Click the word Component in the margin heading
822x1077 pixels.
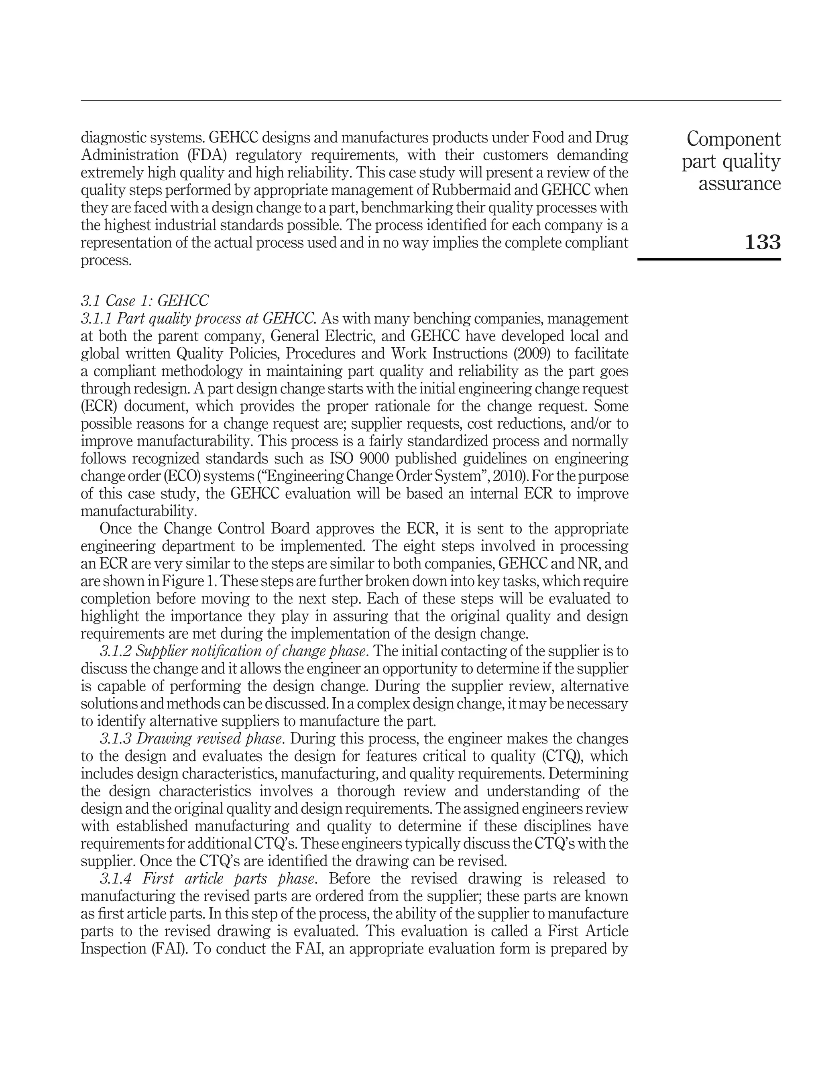click(x=733, y=139)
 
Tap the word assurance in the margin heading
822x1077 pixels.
click(x=739, y=184)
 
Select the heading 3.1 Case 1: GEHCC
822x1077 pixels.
click(x=144, y=300)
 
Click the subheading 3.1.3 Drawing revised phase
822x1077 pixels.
click(x=193, y=738)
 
